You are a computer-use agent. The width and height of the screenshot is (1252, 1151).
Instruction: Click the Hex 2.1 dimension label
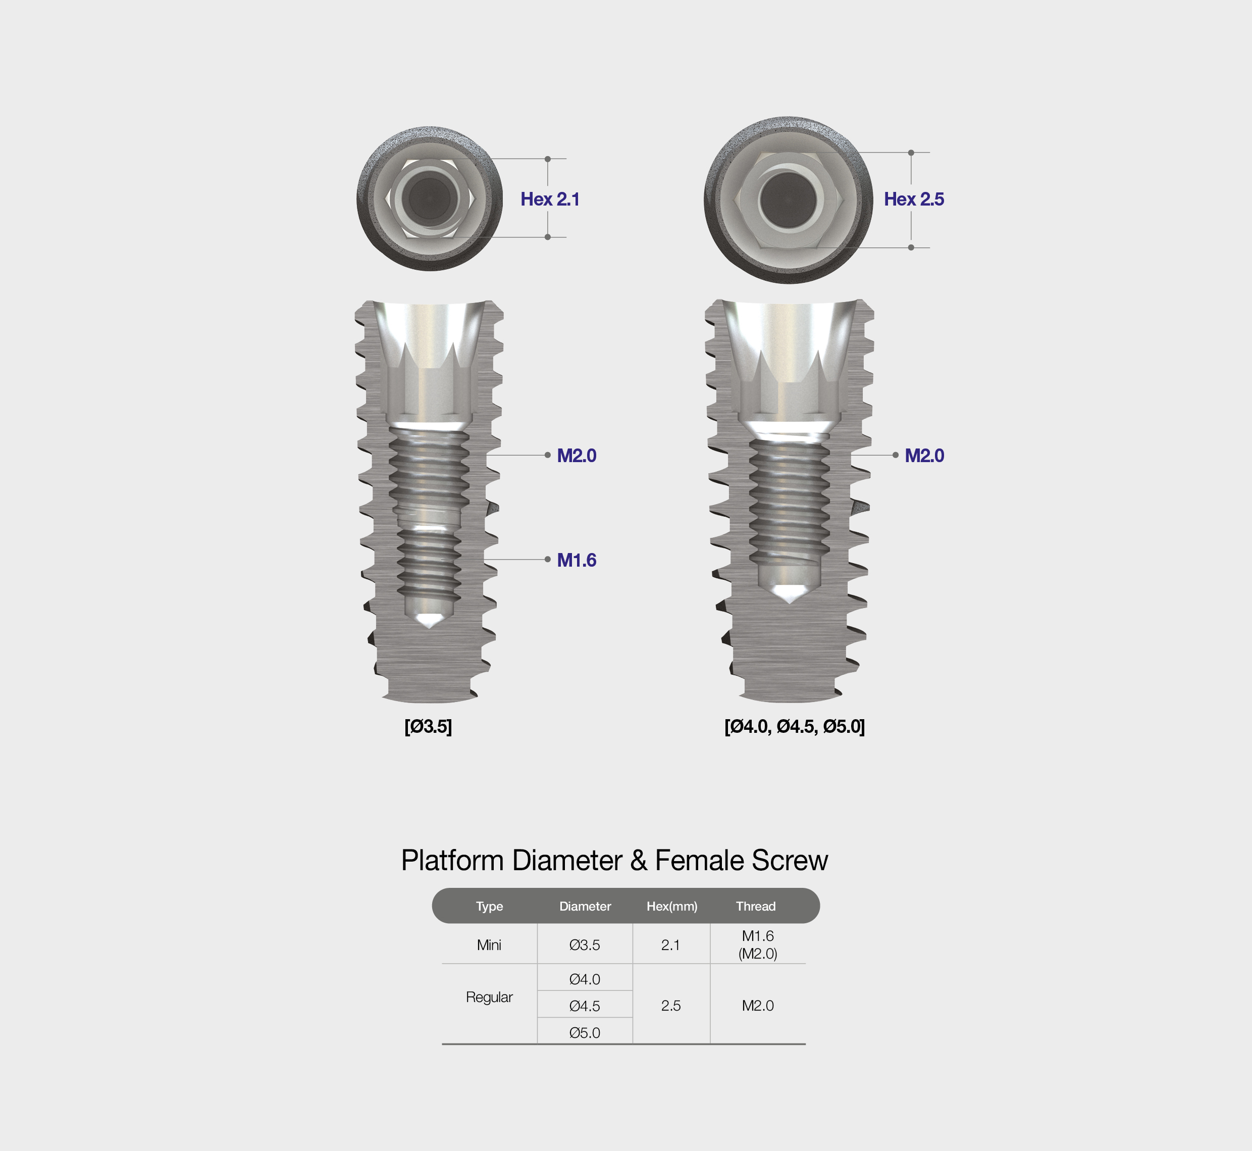550,199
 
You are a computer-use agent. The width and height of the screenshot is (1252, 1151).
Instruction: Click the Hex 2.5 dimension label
914,199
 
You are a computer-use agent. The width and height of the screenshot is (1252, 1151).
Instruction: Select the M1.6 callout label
577,560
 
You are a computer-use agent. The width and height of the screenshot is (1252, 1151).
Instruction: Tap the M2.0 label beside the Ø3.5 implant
577,455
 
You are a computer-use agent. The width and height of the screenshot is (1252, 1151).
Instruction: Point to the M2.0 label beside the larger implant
924,455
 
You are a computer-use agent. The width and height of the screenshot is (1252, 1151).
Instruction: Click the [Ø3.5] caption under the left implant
428,726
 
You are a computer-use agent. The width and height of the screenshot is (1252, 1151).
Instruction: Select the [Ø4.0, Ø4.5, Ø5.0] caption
795,726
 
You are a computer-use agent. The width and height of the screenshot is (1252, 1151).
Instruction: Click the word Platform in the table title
452,860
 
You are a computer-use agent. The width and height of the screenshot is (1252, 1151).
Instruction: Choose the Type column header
489,906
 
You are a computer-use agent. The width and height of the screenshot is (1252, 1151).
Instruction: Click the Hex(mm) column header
672,906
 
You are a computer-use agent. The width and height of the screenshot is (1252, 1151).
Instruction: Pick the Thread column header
756,906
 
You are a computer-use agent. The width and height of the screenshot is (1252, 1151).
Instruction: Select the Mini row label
489,945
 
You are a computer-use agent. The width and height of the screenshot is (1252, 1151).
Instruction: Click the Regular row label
489,997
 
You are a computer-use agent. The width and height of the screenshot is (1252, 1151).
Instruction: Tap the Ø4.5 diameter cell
585,1006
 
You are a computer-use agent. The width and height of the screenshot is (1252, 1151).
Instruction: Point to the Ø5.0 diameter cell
585,1033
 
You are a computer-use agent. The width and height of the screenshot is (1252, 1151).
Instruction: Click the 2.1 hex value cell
670,945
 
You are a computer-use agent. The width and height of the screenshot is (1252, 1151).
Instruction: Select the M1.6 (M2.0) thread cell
758,944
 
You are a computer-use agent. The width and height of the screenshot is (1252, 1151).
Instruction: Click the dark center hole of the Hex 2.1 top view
430,198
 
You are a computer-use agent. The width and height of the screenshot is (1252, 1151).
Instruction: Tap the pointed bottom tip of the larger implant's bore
790,603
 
